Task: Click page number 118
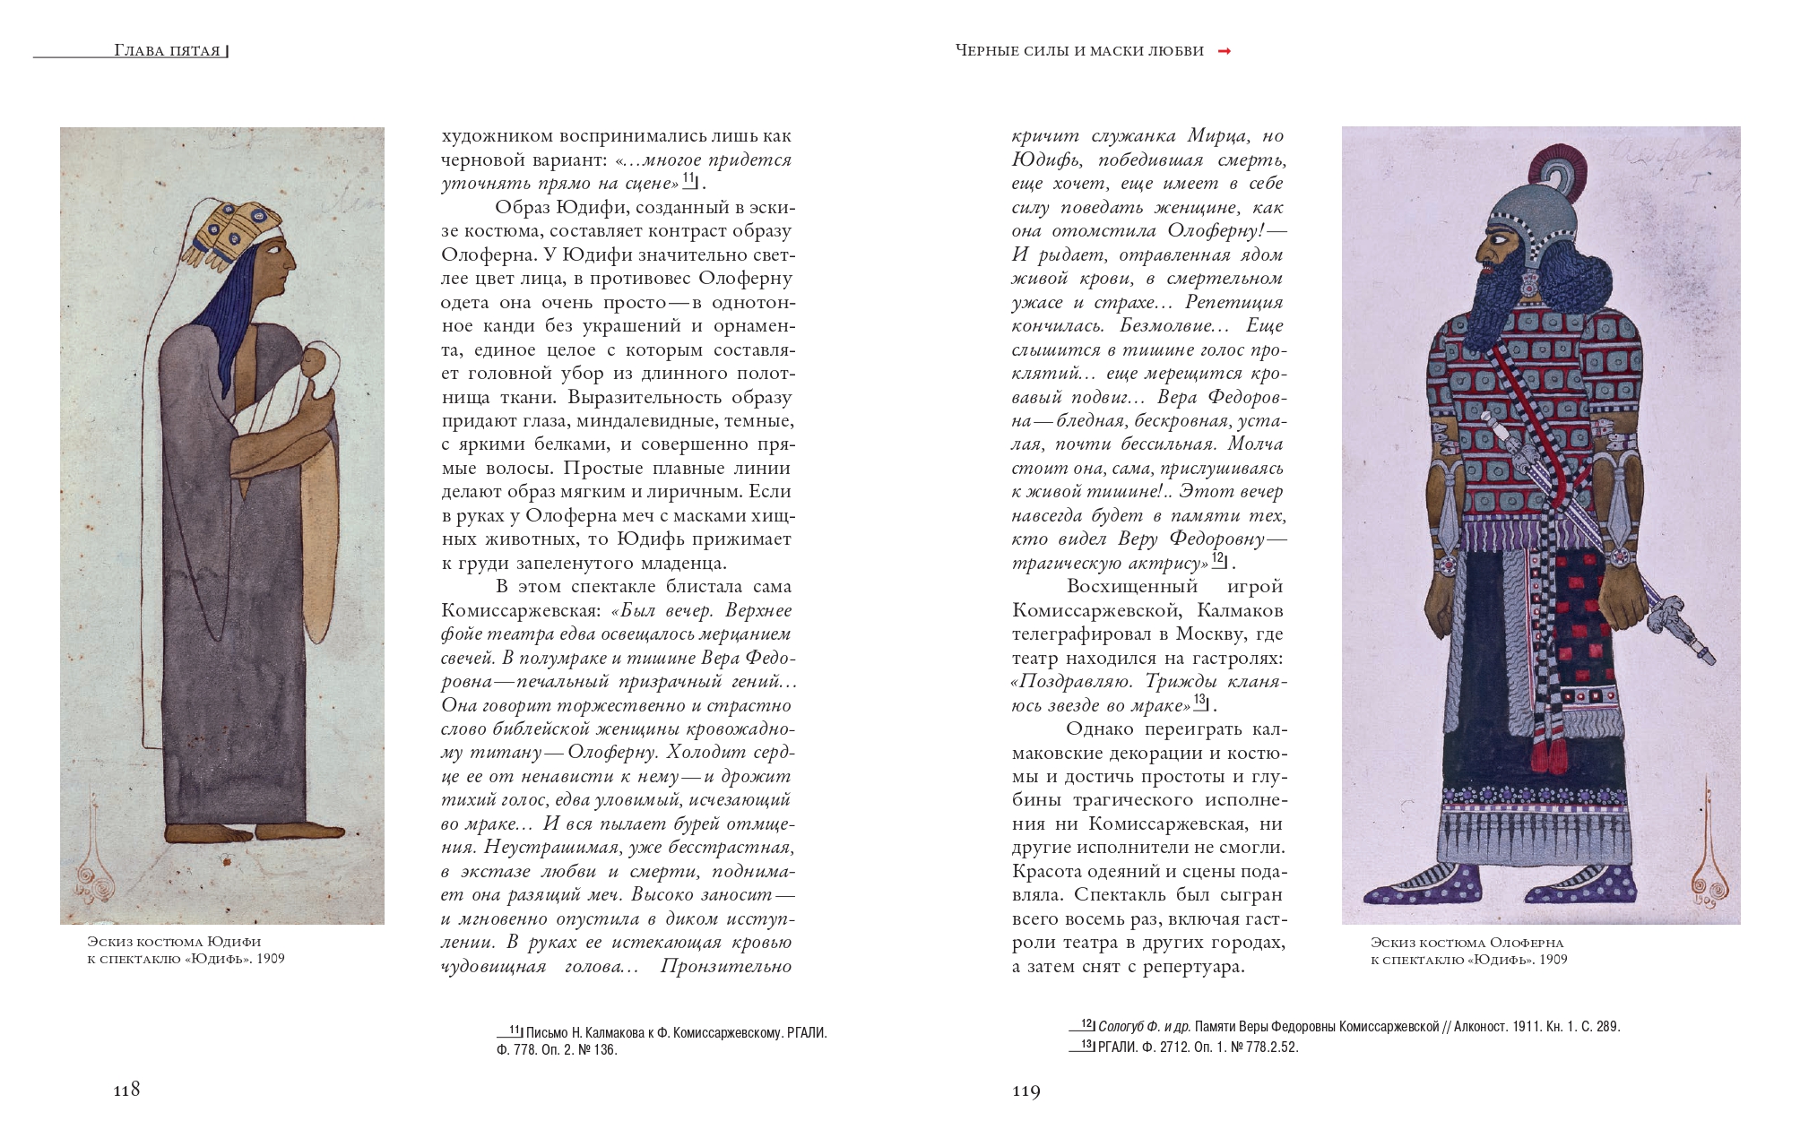126,1090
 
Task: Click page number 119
1026,1091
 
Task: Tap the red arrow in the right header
1225,51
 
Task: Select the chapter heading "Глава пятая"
168,51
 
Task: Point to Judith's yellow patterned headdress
224,229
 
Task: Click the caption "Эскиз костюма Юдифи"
174,942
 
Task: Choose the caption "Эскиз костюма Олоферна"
1467,943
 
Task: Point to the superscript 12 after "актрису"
1217,557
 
